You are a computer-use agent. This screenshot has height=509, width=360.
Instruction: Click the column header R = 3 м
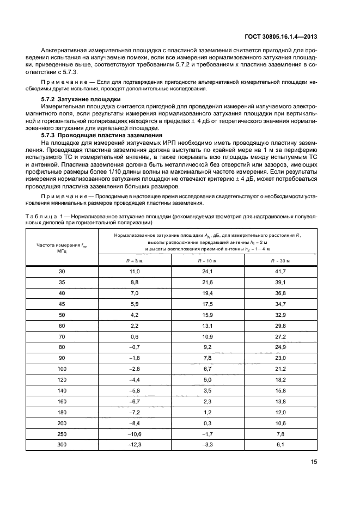coord(134,261)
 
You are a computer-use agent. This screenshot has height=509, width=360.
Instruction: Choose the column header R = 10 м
coord(208,261)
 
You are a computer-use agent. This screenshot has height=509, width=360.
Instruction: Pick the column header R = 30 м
coord(280,261)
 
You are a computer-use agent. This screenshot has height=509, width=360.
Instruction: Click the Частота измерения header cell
coord(62,248)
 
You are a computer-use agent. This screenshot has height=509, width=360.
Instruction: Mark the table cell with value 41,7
coord(280,271)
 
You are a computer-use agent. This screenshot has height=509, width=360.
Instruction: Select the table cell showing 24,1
coord(208,271)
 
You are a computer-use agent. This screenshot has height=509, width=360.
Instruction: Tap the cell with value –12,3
coord(134,444)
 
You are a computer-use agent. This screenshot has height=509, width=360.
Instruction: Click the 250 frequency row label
coord(62,434)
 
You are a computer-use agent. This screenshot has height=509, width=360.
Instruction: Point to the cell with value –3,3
coord(208,444)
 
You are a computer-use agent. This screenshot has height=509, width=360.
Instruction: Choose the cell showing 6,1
coord(280,444)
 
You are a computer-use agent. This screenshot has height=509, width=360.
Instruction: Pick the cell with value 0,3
coord(208,424)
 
